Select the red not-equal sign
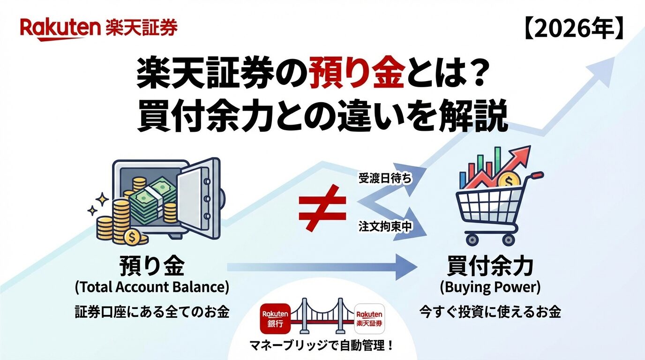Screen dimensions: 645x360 (322, 208)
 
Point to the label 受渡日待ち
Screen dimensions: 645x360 (385, 179)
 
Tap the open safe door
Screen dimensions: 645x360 (199, 199)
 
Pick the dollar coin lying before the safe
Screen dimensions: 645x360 (132, 237)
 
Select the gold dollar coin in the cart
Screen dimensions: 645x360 (509, 180)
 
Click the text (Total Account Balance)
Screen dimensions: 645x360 (152, 287)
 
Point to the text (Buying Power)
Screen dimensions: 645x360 (490, 287)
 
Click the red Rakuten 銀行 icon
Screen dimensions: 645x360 (275, 319)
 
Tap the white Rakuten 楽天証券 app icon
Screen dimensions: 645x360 (369, 319)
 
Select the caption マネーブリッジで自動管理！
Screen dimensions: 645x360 (322, 345)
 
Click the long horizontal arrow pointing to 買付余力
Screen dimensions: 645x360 (322, 267)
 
